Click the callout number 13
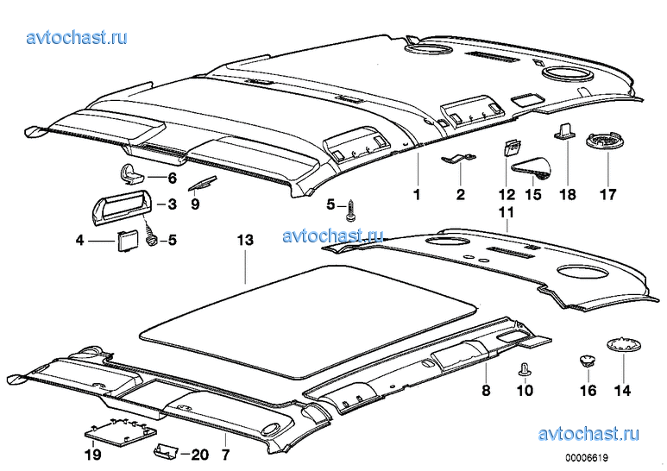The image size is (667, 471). point(246,242)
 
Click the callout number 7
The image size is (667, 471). point(225,453)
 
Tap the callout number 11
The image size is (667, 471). point(505,211)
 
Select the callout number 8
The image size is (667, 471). point(486,392)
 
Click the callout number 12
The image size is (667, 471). point(506,195)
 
